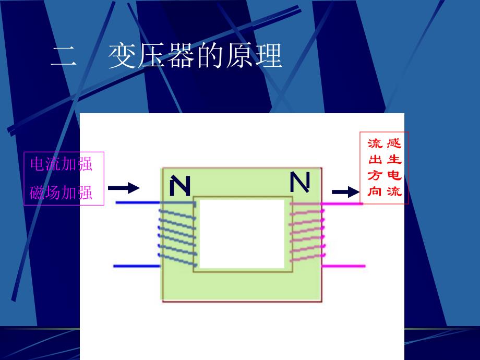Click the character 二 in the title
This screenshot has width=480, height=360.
(x=64, y=57)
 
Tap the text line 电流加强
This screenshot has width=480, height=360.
(x=62, y=164)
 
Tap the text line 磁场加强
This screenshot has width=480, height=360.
(x=62, y=193)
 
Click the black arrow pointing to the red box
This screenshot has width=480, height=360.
(x=345, y=193)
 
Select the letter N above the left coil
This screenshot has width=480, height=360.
(x=180, y=186)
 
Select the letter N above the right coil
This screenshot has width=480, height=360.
(x=299, y=182)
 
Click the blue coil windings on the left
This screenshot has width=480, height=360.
(x=177, y=235)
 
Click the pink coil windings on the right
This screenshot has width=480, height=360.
(x=307, y=235)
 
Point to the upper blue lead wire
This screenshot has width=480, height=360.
(x=137, y=202)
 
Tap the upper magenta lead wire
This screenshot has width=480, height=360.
(x=343, y=203)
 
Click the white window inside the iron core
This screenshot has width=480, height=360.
(x=242, y=234)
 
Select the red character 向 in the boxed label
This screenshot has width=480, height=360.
(x=375, y=191)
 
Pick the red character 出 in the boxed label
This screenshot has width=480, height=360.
(x=375, y=160)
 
